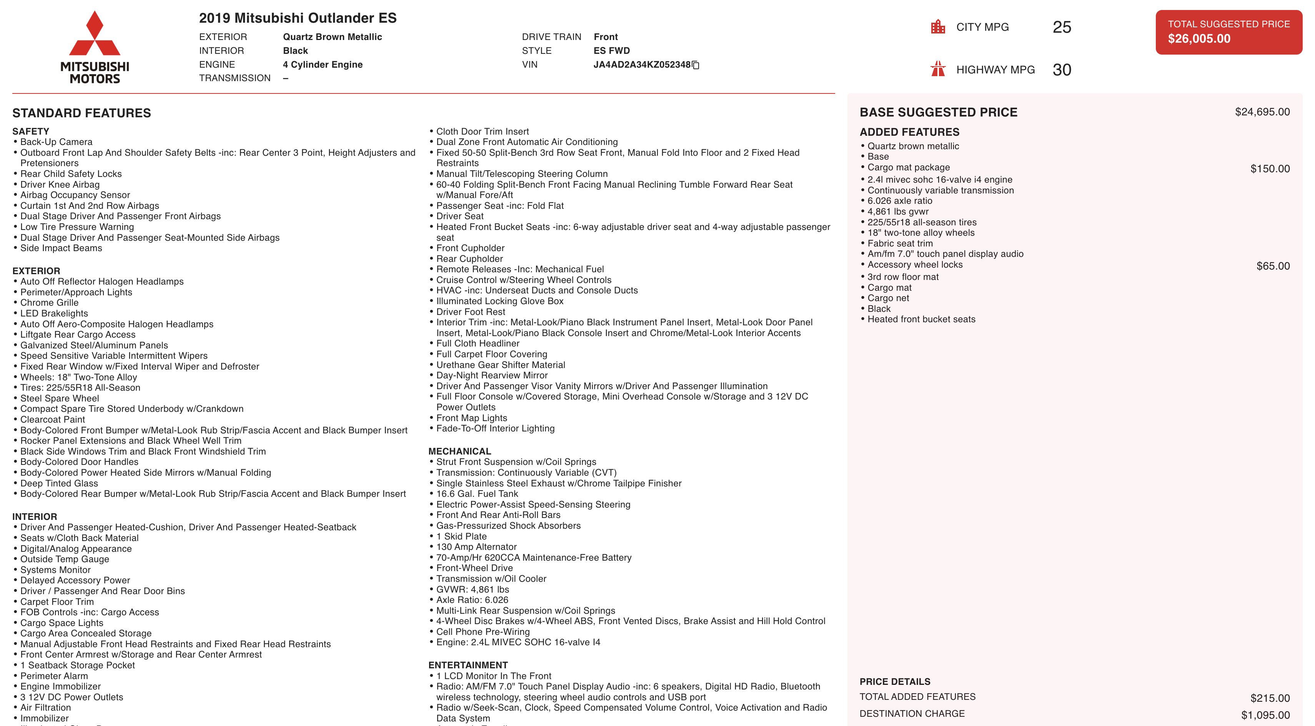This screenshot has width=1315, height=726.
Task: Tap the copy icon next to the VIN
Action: click(695, 65)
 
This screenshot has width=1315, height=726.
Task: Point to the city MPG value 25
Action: click(1061, 27)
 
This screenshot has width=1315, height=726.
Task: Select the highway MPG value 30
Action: click(1061, 70)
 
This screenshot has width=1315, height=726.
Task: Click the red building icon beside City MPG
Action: click(938, 27)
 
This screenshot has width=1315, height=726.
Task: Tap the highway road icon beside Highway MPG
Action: click(938, 69)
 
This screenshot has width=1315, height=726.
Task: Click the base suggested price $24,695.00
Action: click(1262, 112)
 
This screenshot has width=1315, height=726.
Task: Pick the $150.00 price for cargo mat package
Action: click(1270, 168)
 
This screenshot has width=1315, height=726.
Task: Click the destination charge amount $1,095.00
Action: click(1265, 715)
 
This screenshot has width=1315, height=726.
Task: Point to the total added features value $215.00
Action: click(1270, 698)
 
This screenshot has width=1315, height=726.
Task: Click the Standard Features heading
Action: click(82, 113)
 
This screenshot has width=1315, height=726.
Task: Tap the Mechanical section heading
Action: click(459, 451)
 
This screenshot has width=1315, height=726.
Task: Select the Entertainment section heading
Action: click(468, 665)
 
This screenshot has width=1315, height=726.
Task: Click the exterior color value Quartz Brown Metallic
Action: click(332, 37)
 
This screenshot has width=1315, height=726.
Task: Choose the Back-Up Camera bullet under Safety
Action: click(56, 142)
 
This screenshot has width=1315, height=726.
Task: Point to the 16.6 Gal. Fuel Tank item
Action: click(477, 494)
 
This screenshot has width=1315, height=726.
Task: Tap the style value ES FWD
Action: click(612, 50)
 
